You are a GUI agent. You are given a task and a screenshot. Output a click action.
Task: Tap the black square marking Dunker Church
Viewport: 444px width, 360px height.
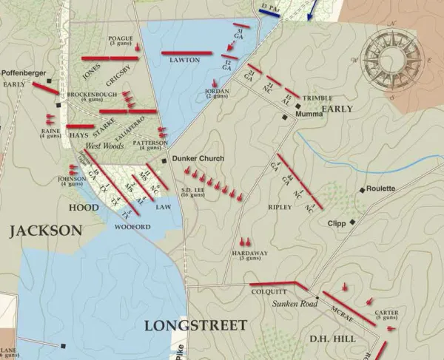[164, 159]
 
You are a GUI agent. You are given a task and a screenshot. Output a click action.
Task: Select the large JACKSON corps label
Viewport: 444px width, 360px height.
[45, 231]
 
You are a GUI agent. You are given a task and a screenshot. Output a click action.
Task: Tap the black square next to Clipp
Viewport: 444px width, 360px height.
[354, 222]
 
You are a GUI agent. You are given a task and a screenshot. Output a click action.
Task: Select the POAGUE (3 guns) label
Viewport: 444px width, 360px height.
[120, 41]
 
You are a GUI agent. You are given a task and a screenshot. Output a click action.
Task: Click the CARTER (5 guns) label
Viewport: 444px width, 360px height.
[386, 316]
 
